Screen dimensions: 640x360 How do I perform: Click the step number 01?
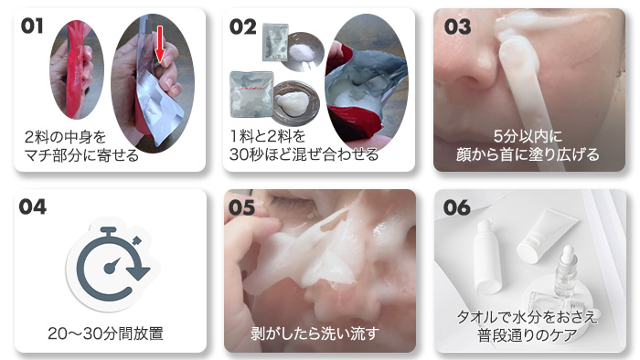32,26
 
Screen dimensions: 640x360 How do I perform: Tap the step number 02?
243,26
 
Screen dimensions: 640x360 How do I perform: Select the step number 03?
457,26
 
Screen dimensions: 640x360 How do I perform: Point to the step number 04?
33,206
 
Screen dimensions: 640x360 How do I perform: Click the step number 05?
242,207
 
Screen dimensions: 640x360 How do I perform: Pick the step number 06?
457,207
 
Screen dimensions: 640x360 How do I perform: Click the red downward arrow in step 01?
160,45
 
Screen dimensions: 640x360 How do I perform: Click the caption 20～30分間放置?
105,334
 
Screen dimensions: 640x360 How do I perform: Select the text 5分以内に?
528,136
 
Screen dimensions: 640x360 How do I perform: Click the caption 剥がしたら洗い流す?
315,334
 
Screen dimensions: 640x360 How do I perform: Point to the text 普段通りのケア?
528,335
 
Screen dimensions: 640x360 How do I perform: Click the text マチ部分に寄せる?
81,155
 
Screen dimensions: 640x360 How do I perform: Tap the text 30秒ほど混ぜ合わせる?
304,154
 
